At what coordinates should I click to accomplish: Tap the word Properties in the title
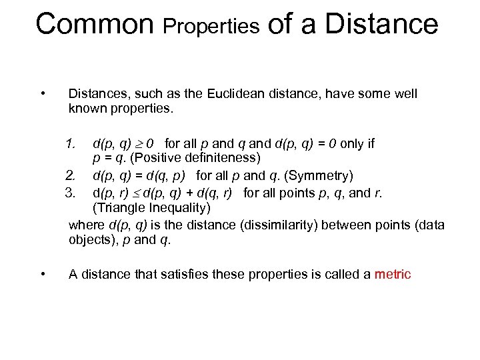pyautogui.click(x=211, y=26)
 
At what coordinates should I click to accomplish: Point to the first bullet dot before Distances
pyautogui.click(x=43, y=93)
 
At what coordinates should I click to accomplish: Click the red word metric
pyautogui.click(x=393, y=274)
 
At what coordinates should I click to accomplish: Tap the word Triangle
pyautogui.click(x=118, y=208)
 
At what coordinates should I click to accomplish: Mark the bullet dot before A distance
pyautogui.click(x=43, y=273)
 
